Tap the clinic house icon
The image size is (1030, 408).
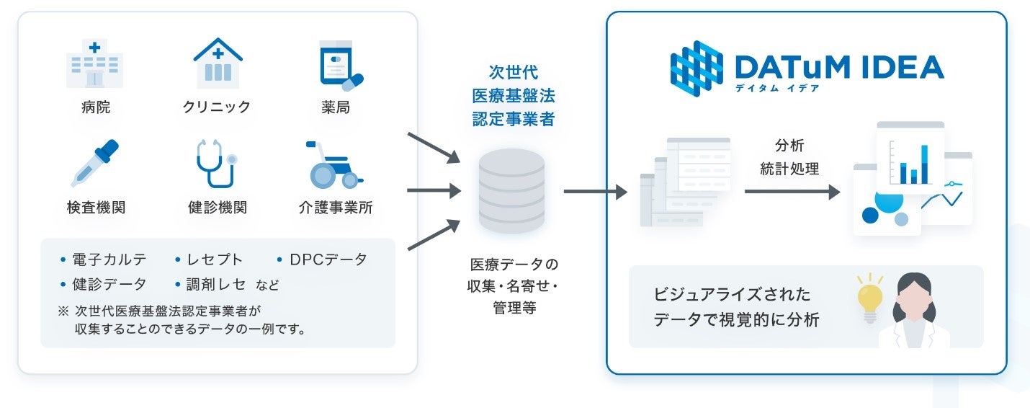click(218, 63)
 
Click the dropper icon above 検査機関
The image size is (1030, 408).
click(95, 163)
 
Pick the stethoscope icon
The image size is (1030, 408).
click(215, 164)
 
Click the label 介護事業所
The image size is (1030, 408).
click(336, 208)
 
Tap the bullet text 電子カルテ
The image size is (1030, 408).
click(109, 260)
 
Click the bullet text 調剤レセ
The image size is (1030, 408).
click(217, 284)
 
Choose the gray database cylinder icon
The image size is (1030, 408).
click(511, 191)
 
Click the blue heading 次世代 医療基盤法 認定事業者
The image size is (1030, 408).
click(513, 96)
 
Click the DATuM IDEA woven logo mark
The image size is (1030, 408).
click(697, 68)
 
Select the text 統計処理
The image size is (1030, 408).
click(789, 169)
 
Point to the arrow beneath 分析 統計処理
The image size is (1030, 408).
click(792, 192)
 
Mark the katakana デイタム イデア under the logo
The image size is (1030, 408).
click(776, 88)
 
